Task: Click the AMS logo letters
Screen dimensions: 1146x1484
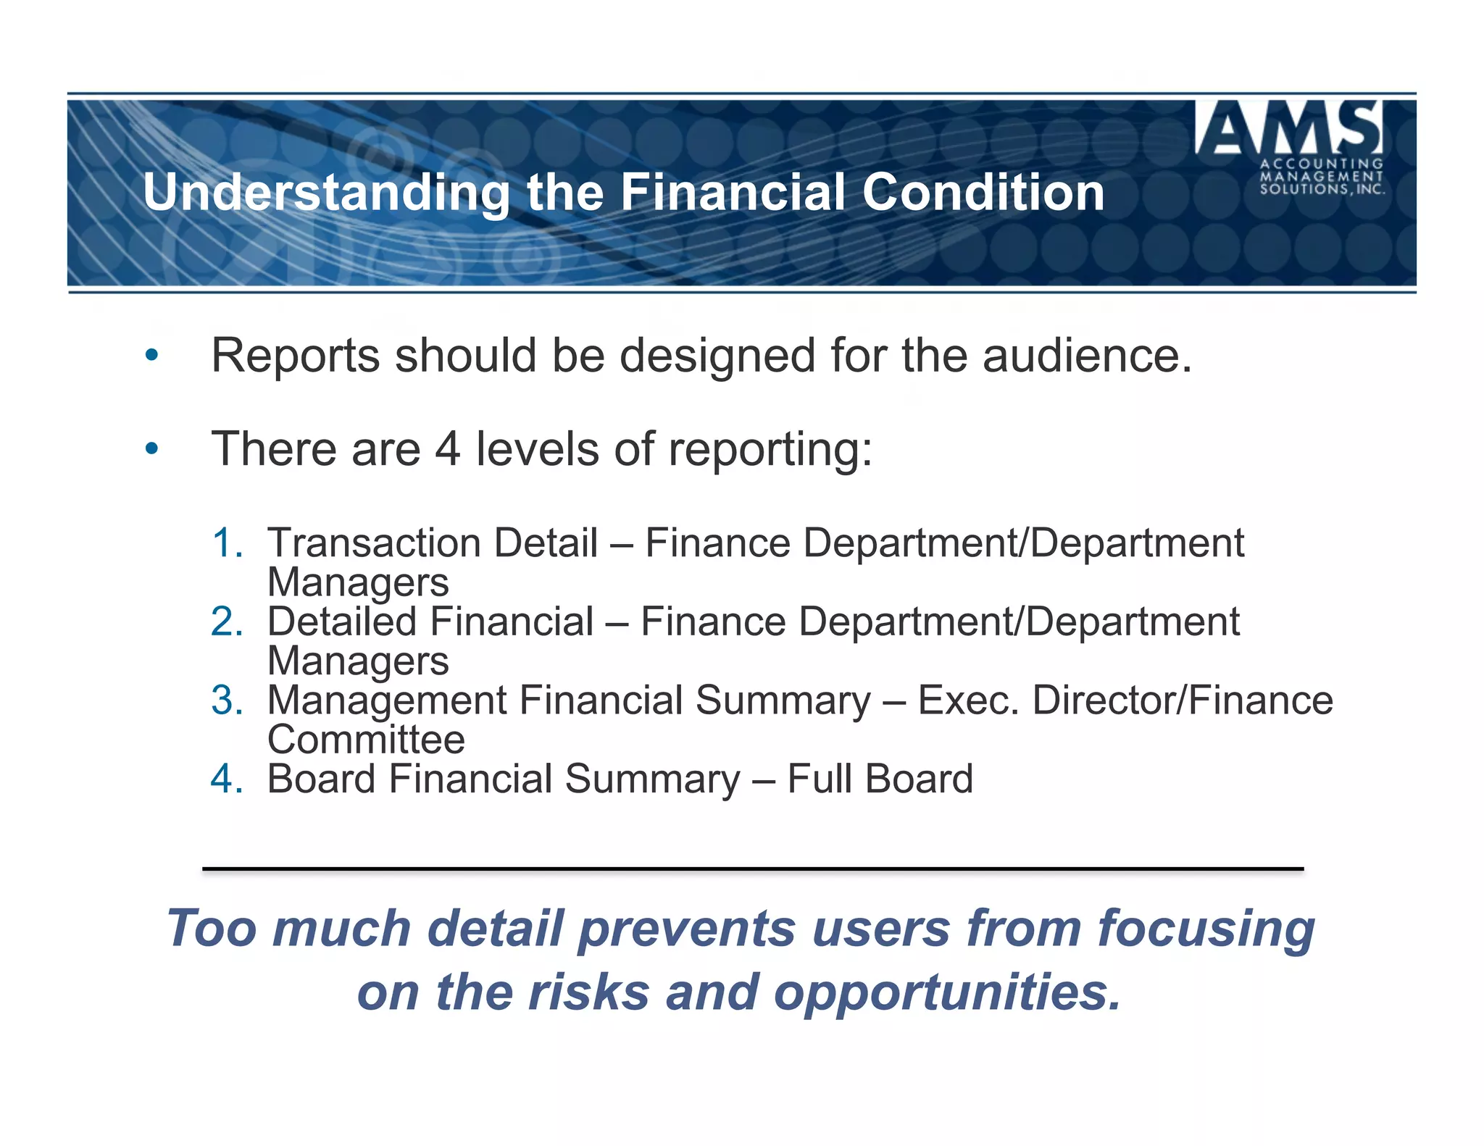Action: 1289,128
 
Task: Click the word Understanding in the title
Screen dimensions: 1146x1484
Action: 326,193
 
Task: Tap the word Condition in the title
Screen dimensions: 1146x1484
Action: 983,193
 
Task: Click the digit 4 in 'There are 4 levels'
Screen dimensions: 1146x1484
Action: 447,449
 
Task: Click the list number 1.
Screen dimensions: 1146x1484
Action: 226,543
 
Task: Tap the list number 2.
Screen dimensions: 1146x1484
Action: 226,622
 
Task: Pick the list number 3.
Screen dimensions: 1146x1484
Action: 226,701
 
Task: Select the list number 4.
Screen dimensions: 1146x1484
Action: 226,779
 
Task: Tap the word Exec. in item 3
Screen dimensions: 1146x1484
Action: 968,701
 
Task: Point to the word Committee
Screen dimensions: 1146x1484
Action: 366,740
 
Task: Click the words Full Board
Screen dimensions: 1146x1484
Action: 880,779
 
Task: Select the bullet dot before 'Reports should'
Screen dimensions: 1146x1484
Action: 151,356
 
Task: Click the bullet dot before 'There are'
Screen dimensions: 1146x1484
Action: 151,449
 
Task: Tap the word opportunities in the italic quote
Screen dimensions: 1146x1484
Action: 946,994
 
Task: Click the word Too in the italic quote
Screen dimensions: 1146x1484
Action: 211,929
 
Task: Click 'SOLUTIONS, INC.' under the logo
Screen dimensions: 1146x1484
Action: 1322,189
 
